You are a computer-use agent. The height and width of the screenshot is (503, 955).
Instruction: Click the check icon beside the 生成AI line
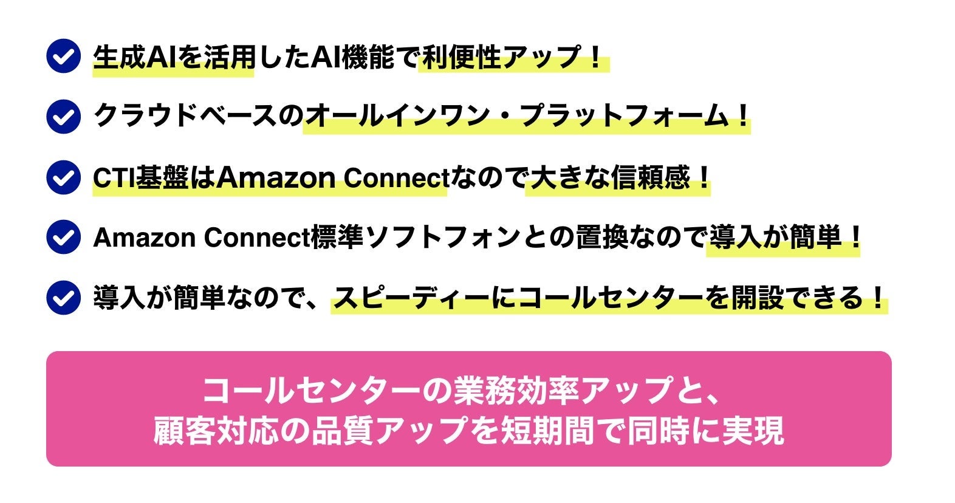coord(63,56)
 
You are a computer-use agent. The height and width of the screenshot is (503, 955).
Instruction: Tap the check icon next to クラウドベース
coord(63,116)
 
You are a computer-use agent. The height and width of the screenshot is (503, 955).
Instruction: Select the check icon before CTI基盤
coord(63,177)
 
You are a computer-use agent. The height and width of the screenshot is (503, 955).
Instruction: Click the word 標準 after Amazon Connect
coord(337,238)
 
